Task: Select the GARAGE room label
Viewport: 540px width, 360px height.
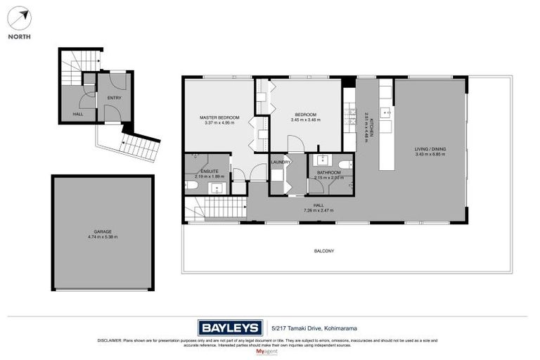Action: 103,231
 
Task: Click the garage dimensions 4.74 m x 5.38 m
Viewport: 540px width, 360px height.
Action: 103,236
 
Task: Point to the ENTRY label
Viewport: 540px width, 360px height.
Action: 114,98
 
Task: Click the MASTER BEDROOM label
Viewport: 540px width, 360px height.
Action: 219,117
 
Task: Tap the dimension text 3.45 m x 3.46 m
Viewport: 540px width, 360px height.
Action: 305,120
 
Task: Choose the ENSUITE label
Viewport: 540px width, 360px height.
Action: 210,172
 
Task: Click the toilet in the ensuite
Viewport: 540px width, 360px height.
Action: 191,186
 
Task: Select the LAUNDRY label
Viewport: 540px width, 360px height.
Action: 281,163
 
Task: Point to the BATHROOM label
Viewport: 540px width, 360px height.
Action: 328,172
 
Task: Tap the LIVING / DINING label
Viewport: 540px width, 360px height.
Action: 430,149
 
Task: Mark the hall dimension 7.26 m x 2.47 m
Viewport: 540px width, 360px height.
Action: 318,210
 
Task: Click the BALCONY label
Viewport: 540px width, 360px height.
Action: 323,250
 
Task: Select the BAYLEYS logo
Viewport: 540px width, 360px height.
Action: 230,327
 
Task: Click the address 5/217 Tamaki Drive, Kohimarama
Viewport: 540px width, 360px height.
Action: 306,328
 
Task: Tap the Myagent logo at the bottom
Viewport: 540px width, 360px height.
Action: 269,351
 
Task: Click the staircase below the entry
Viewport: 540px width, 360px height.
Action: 140,148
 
